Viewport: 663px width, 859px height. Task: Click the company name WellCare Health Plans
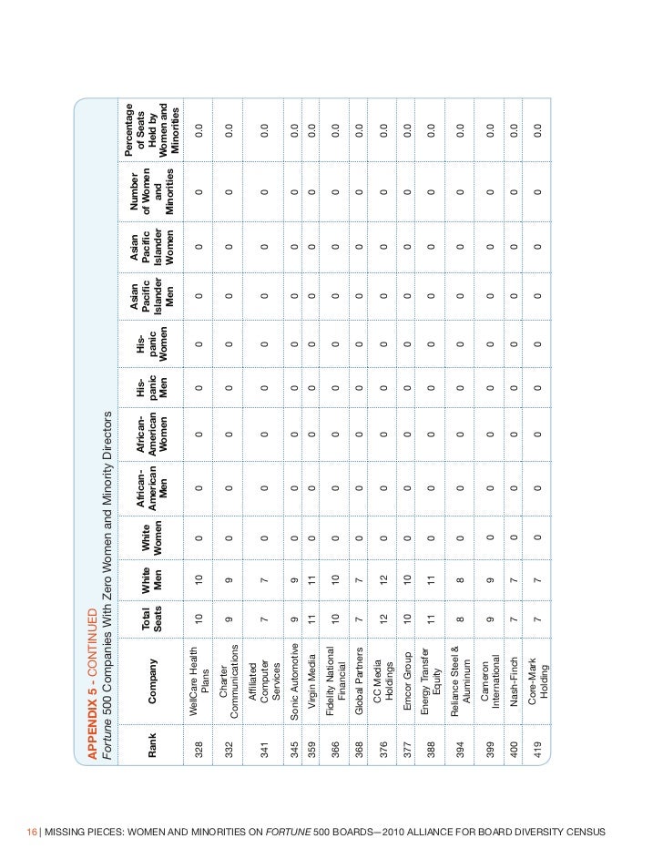199,673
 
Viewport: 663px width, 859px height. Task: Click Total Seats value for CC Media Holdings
383,620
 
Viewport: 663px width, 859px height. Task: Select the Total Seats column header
152,620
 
